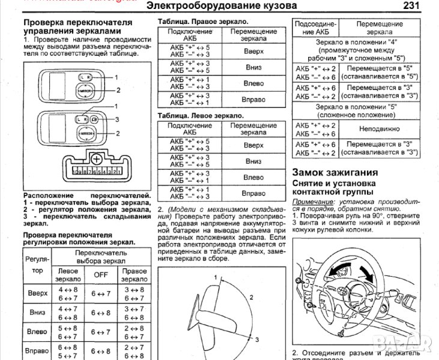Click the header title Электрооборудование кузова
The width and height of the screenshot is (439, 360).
[x=221, y=7]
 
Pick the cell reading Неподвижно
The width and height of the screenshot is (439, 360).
[x=376, y=128]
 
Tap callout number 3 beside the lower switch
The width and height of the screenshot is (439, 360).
[x=117, y=119]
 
